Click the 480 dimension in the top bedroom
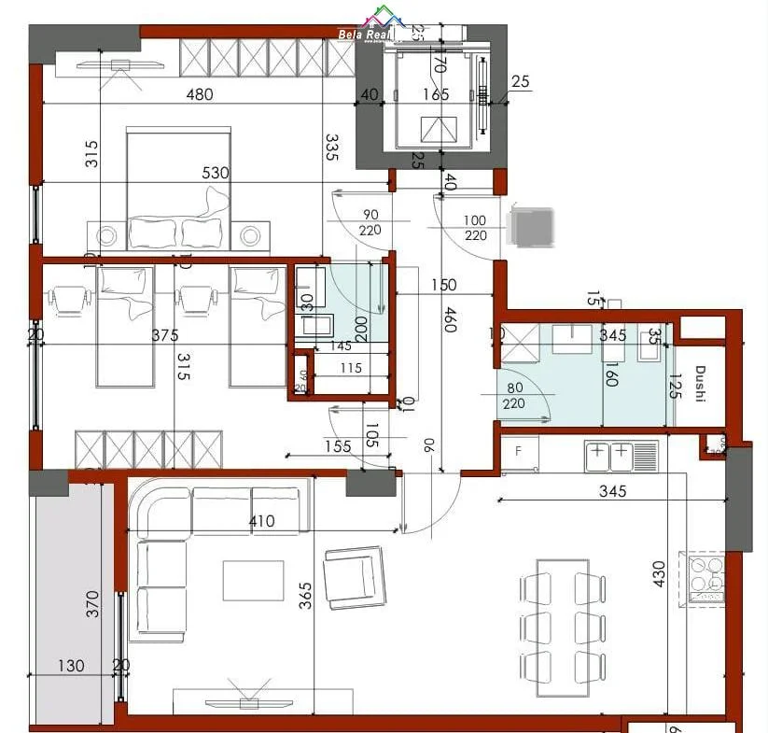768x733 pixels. click(x=199, y=93)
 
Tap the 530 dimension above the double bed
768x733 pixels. click(x=216, y=173)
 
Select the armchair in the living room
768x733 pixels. click(x=354, y=574)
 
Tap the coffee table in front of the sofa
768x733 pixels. click(x=253, y=580)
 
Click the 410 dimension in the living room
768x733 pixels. click(x=262, y=521)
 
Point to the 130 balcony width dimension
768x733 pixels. click(x=70, y=666)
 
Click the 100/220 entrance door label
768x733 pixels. click(x=476, y=228)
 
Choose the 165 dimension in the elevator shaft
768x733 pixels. click(x=435, y=93)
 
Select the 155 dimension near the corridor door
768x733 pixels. click(x=337, y=446)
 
